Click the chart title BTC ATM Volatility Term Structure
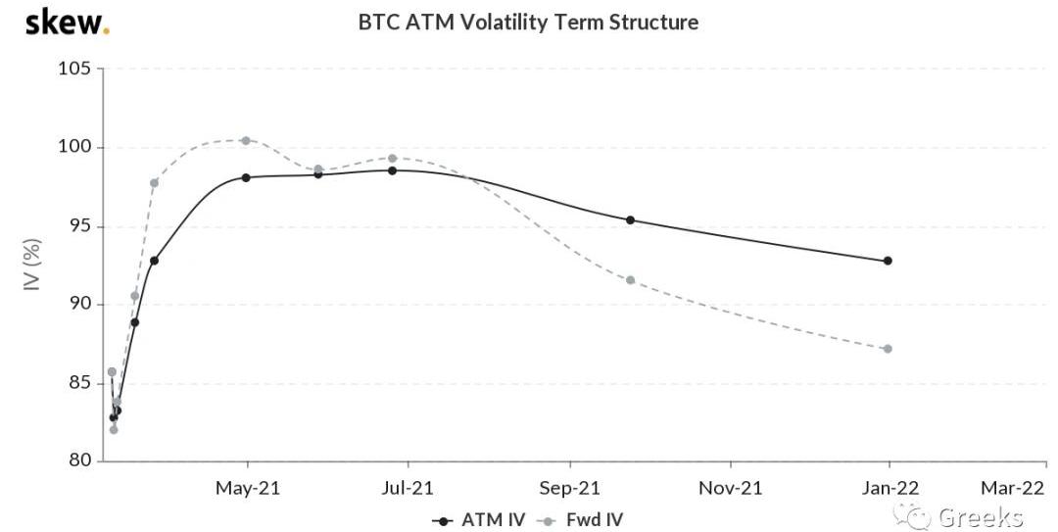click(x=528, y=22)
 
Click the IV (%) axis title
click(x=32, y=265)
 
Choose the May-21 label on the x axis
click(x=247, y=487)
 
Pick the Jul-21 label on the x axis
click(x=408, y=487)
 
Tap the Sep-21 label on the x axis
click(x=569, y=487)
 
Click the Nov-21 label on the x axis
click(x=730, y=487)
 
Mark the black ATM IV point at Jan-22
click(x=888, y=261)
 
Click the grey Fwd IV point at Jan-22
click(x=888, y=349)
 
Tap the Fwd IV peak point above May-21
click(x=246, y=140)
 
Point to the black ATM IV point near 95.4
click(x=630, y=219)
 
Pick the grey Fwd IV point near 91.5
click(x=630, y=280)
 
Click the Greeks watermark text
click(x=980, y=516)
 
